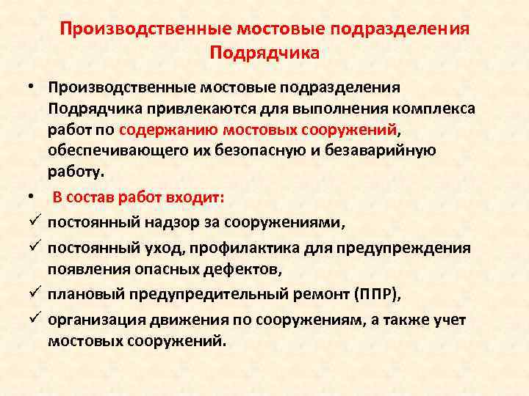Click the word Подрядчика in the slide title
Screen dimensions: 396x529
pyautogui.click(x=264, y=53)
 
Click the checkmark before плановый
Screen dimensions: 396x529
pyautogui.click(x=34, y=294)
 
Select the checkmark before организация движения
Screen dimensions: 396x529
pyautogui.click(x=34, y=319)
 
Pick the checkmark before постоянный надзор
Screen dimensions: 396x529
pyautogui.click(x=34, y=221)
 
